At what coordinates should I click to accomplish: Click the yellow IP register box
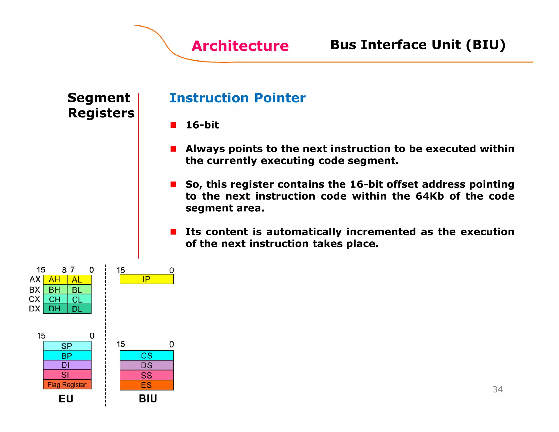(x=147, y=279)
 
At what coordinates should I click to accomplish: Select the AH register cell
(x=55, y=280)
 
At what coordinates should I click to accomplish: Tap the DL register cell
(x=79, y=309)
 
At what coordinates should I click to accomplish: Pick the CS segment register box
(x=147, y=355)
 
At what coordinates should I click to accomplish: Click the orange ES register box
(x=147, y=385)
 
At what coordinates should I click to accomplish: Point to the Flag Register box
(x=67, y=384)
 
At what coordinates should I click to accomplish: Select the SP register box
(x=67, y=346)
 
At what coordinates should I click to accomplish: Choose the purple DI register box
(x=67, y=365)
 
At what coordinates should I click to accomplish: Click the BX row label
(x=35, y=289)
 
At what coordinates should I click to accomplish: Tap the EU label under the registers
(x=66, y=399)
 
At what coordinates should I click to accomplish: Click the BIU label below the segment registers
(x=148, y=399)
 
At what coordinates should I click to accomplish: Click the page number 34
(x=497, y=389)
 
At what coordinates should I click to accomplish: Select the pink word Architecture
(x=240, y=46)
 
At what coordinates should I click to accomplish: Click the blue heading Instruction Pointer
(x=237, y=98)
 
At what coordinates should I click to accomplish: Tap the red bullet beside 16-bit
(x=173, y=125)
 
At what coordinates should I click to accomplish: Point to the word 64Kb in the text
(x=430, y=196)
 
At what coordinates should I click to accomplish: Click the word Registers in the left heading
(x=101, y=113)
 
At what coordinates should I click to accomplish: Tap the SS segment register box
(x=147, y=375)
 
